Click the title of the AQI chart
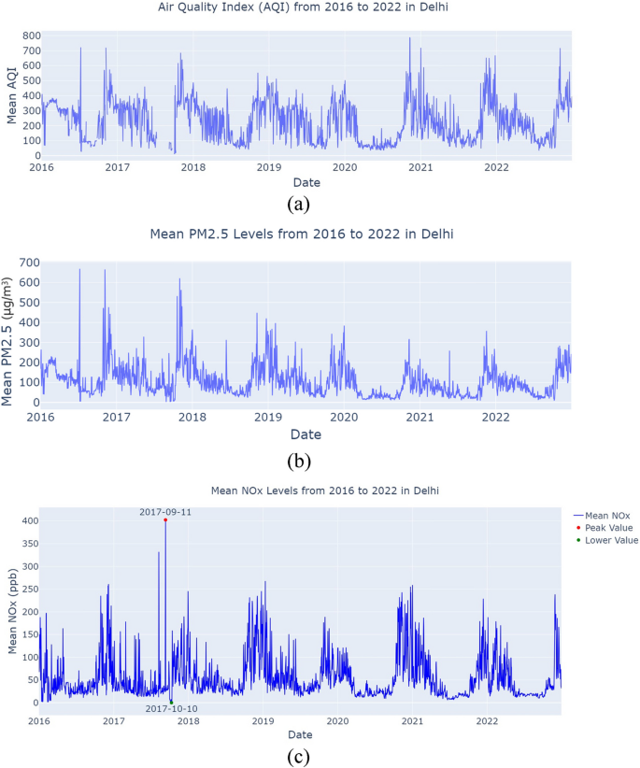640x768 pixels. pyautogui.click(x=301, y=8)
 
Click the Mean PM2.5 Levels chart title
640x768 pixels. pyautogui.click(x=301, y=234)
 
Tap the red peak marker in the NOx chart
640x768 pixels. pyautogui.click(x=165, y=520)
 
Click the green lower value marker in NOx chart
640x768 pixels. pyautogui.click(x=171, y=702)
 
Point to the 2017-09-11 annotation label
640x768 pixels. pyautogui.click(x=165, y=512)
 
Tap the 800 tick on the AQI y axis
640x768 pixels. pyautogui.click(x=32, y=36)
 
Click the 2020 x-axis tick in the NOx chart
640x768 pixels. pyautogui.click(x=337, y=721)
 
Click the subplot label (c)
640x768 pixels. pyautogui.click(x=298, y=756)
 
